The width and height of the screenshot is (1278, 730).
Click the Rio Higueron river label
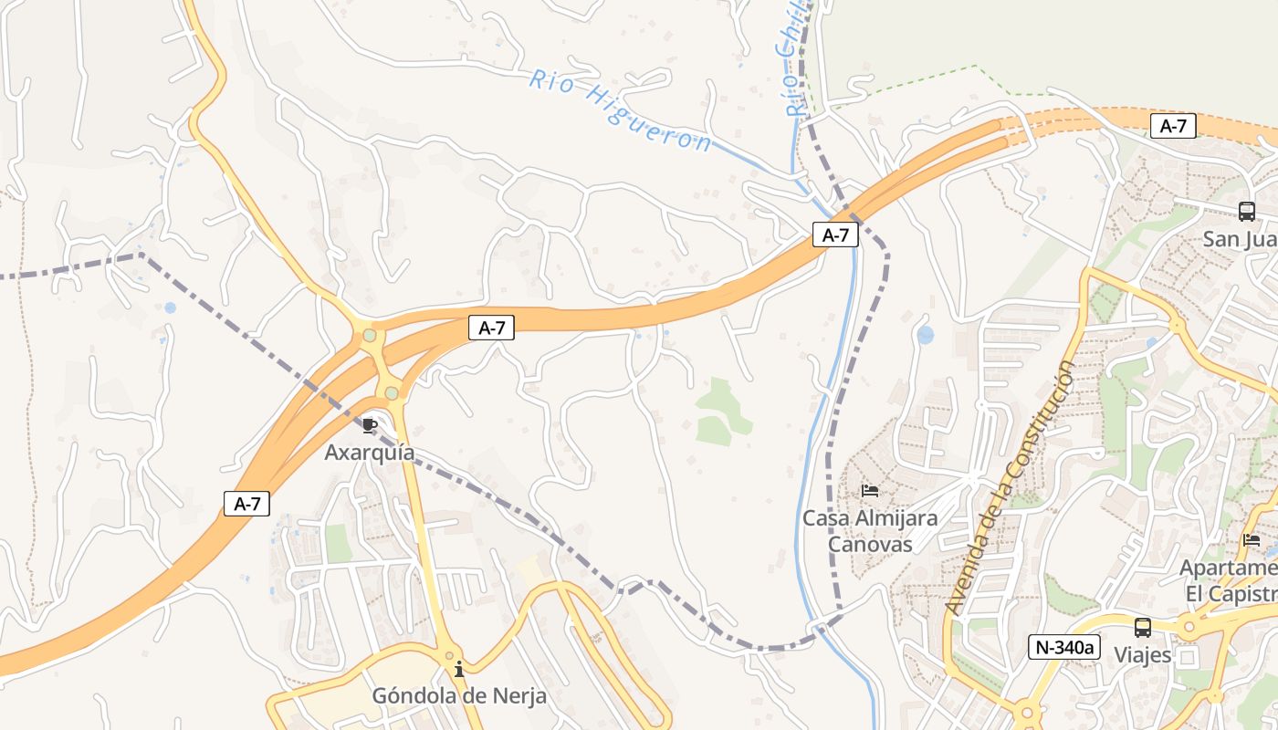coord(620,111)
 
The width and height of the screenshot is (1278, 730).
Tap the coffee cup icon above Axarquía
coord(370,425)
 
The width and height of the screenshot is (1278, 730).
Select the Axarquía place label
coord(370,453)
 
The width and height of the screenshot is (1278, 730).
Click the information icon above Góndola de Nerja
coord(458,670)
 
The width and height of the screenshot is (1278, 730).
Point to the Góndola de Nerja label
coord(458,695)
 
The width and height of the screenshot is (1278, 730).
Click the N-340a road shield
coord(1063,647)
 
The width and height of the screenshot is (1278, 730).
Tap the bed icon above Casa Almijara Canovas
coord(869,491)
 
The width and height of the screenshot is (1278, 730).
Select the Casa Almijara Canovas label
coord(869,531)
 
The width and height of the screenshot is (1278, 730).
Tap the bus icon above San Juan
coord(1246,212)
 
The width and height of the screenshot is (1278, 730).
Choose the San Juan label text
coord(1240,239)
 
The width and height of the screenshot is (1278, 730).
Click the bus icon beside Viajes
coord(1142,628)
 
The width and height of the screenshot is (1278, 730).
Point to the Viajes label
coord(1142,655)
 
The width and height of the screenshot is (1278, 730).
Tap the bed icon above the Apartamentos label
coord(1251,540)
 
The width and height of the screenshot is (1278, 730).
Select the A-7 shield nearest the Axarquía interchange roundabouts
coord(492,328)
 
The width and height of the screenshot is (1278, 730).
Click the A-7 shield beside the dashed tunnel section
coord(1172,126)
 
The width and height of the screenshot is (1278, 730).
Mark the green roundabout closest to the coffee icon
coord(392,392)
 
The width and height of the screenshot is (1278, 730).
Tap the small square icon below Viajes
coord(1187,657)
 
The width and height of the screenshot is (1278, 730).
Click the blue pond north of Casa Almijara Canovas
coord(926,335)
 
